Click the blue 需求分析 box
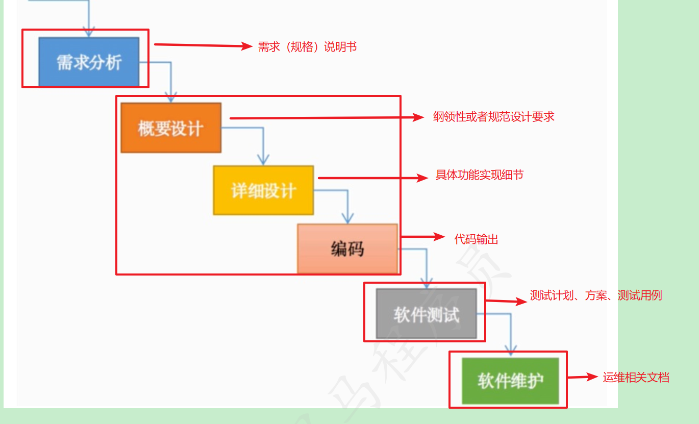(x=89, y=62)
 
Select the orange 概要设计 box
(x=171, y=128)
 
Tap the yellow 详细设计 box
(x=263, y=190)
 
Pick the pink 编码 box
(x=347, y=248)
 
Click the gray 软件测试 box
(x=426, y=314)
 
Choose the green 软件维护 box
(x=510, y=381)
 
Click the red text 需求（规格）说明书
(x=307, y=47)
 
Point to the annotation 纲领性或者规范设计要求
(x=493, y=117)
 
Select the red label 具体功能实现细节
(x=479, y=175)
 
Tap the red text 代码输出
(x=476, y=239)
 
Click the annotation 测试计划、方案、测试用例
(x=595, y=295)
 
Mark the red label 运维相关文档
(x=636, y=378)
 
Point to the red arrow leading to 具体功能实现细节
(x=372, y=178)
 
